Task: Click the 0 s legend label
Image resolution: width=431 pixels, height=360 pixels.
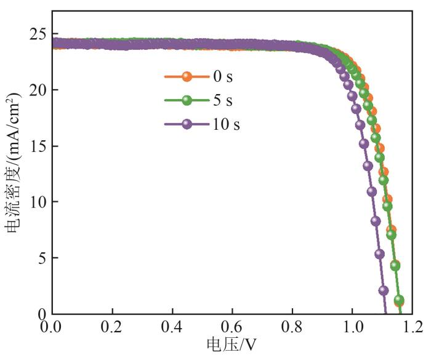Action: click(223, 77)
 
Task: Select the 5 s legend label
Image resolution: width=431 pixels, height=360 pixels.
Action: click(223, 100)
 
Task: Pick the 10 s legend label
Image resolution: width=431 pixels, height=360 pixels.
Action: click(225, 124)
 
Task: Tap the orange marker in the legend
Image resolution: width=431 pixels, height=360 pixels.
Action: click(188, 77)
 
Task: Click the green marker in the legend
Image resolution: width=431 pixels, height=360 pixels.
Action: click(188, 100)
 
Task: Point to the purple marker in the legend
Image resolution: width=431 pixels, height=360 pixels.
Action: click(188, 124)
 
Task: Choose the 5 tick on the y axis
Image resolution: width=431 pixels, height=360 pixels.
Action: click(41, 258)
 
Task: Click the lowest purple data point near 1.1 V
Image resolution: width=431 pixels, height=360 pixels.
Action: click(384, 290)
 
